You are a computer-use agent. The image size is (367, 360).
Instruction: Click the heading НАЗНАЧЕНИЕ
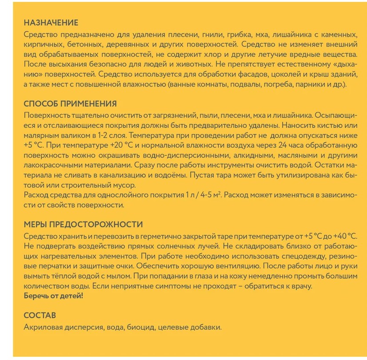pos(51,23)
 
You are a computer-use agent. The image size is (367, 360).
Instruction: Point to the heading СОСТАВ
pos(40,316)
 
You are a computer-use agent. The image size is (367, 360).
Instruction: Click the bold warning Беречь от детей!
pos(53,296)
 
